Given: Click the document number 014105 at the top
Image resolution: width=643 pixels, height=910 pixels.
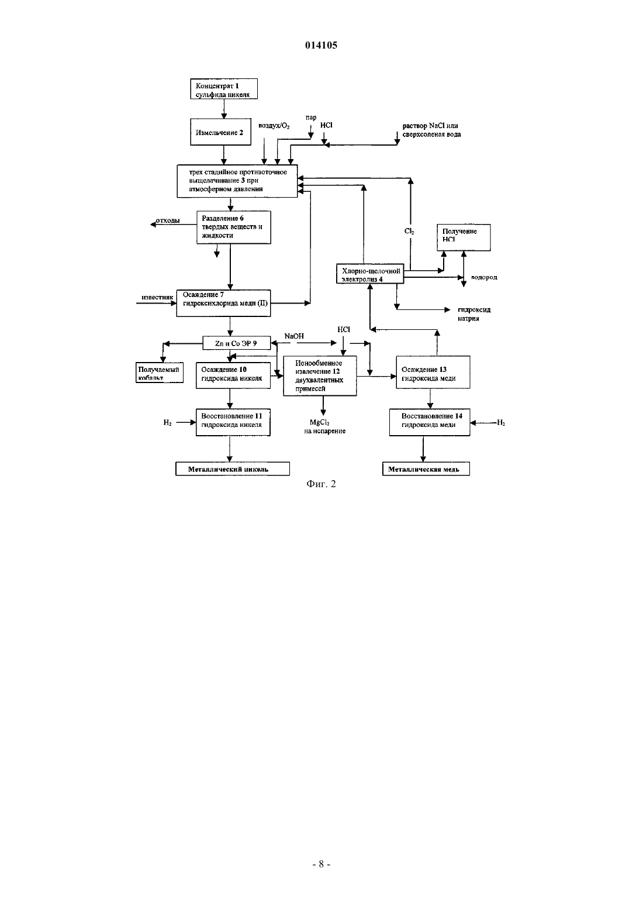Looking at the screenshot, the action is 321,45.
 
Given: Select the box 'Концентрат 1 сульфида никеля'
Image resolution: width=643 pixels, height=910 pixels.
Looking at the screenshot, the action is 224,89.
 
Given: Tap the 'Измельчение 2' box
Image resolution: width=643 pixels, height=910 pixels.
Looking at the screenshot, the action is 220,132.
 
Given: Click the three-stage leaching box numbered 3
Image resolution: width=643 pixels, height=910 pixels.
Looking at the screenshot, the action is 237,181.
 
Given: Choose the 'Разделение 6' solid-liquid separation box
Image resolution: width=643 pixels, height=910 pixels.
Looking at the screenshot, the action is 233,227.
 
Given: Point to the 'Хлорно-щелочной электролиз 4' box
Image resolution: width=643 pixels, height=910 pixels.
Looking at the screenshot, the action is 370,274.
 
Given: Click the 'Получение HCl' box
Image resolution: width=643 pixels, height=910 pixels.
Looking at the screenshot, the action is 464,237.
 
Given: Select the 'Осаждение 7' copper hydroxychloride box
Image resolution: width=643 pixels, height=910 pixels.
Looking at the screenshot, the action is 223,303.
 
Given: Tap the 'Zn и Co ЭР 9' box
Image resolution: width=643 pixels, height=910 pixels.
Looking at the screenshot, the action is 236,343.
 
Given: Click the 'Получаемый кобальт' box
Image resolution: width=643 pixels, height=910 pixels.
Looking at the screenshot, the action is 160,373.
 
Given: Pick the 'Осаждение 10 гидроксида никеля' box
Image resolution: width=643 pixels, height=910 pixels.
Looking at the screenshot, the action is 233,375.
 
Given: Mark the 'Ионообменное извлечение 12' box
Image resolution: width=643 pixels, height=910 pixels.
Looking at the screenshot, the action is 320,376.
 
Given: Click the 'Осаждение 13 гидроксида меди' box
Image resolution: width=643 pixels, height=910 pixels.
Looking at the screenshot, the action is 433,372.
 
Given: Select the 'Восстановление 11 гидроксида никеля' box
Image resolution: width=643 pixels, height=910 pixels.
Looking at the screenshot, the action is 233,422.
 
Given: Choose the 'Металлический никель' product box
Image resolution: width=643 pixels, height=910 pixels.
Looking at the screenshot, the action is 233,469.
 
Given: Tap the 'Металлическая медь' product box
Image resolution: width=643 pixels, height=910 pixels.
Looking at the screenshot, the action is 426,469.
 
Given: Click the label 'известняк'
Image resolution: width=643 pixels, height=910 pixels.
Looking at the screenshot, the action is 157,297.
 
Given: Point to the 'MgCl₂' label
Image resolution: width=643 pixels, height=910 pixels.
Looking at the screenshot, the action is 320,423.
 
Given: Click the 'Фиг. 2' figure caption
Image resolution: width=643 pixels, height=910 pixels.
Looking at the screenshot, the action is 321,484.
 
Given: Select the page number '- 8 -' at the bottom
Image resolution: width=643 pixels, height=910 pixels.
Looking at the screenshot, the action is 321,864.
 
